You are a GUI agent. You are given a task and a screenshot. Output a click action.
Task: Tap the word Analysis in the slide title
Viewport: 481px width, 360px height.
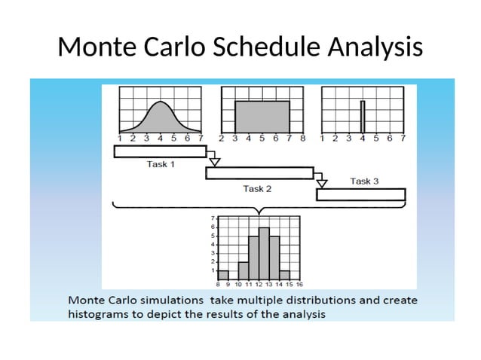tap(375, 47)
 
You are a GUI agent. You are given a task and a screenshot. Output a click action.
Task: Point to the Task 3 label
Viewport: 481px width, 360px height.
tap(365, 181)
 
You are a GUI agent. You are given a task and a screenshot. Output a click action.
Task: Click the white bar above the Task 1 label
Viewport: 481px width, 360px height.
tap(160, 151)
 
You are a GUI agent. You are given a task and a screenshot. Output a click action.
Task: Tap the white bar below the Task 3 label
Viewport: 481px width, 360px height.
tap(360, 194)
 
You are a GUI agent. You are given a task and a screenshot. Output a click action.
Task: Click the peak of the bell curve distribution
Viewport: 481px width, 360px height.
tap(159, 104)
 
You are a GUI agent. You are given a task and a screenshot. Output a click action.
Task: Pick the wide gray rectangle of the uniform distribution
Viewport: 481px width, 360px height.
tap(262, 117)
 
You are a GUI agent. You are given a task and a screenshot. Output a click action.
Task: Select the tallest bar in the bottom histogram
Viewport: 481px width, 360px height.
tap(264, 254)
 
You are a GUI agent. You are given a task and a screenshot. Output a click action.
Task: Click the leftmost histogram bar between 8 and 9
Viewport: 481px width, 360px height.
tap(223, 275)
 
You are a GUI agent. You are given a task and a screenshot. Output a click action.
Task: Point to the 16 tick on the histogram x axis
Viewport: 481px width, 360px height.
tap(299, 285)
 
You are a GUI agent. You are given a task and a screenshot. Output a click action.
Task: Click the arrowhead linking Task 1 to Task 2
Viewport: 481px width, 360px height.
tap(214, 161)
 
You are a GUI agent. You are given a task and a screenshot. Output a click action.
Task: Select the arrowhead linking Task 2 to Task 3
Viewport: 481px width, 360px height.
tap(322, 183)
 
